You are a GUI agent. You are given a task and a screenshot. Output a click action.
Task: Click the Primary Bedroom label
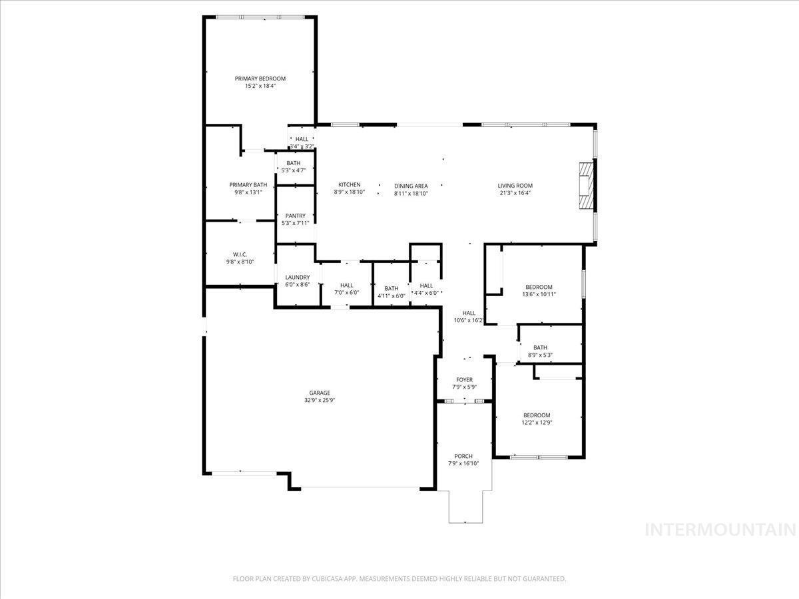(x=260, y=79)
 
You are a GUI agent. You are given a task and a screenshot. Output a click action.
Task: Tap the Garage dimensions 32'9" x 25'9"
(x=320, y=400)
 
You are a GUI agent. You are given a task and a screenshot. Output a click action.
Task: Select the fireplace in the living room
(x=587, y=185)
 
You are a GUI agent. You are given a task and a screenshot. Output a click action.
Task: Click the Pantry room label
(x=295, y=216)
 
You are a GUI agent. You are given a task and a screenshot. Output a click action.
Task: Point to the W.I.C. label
(x=240, y=255)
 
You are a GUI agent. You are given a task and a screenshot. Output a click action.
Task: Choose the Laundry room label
(x=298, y=277)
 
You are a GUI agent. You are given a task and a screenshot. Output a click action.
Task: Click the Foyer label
(x=464, y=379)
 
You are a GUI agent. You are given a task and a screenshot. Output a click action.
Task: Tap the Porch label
(x=463, y=456)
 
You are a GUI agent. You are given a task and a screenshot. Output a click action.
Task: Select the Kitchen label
(x=349, y=185)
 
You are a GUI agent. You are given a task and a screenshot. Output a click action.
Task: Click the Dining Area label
(x=411, y=186)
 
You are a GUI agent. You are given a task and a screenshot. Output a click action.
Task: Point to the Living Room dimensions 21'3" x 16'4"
(x=515, y=193)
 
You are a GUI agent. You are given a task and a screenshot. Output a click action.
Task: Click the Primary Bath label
(x=248, y=185)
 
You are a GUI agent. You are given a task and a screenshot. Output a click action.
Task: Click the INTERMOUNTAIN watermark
(x=720, y=530)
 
